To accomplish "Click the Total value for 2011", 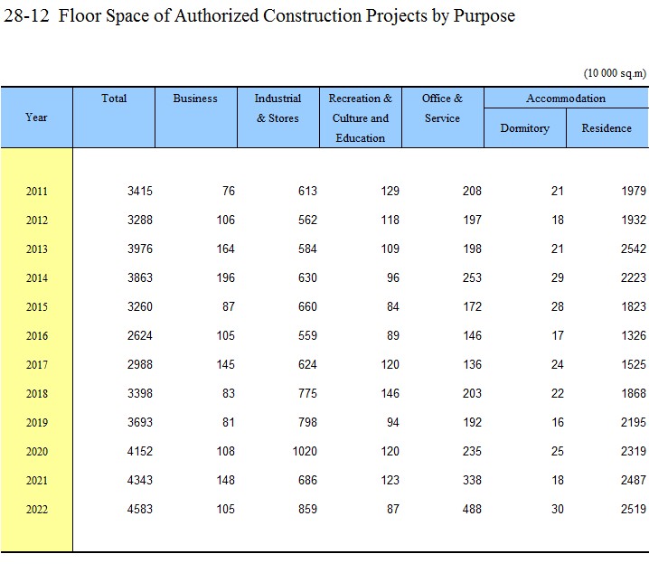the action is click(x=140, y=191).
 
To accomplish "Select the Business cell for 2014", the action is click(x=226, y=277).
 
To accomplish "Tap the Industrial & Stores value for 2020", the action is click(x=305, y=451).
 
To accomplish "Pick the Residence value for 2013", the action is click(x=634, y=249).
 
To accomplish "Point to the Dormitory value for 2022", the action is click(x=558, y=509).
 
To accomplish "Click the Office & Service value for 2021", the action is click(x=472, y=480).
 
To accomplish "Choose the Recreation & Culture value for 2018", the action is click(x=390, y=393).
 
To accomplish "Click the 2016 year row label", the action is click(x=37, y=335).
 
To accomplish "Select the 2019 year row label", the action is click(x=37, y=423).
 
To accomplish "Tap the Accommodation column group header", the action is click(x=566, y=99).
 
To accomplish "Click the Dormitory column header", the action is click(x=525, y=128).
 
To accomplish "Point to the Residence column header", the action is click(x=607, y=128).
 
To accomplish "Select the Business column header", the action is click(x=195, y=99).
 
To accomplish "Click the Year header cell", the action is click(x=36, y=117).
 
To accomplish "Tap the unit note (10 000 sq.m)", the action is click(x=615, y=73).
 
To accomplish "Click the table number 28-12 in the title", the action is click(x=26, y=16).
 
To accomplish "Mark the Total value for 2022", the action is click(x=140, y=509).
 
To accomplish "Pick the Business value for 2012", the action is click(x=226, y=220).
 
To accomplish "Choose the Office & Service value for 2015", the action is click(x=472, y=306).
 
